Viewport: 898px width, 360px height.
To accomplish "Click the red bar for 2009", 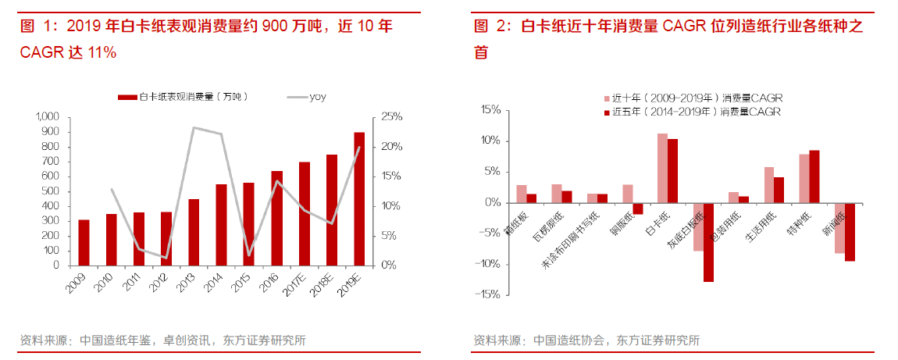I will pos(84,242).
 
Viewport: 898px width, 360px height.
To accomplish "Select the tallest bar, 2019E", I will pos(358,199).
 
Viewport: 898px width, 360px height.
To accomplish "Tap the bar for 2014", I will pos(221,225).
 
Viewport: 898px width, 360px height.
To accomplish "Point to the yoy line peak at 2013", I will pos(194,127).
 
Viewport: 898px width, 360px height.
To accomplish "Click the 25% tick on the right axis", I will pos(391,116).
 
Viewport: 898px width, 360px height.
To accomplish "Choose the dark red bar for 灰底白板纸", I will pos(708,242).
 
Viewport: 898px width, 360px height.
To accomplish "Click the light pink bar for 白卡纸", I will pos(662,168).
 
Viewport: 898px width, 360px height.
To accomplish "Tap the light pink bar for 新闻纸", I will pos(839,228).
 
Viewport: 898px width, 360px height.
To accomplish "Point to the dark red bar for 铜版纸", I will pos(637,209).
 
